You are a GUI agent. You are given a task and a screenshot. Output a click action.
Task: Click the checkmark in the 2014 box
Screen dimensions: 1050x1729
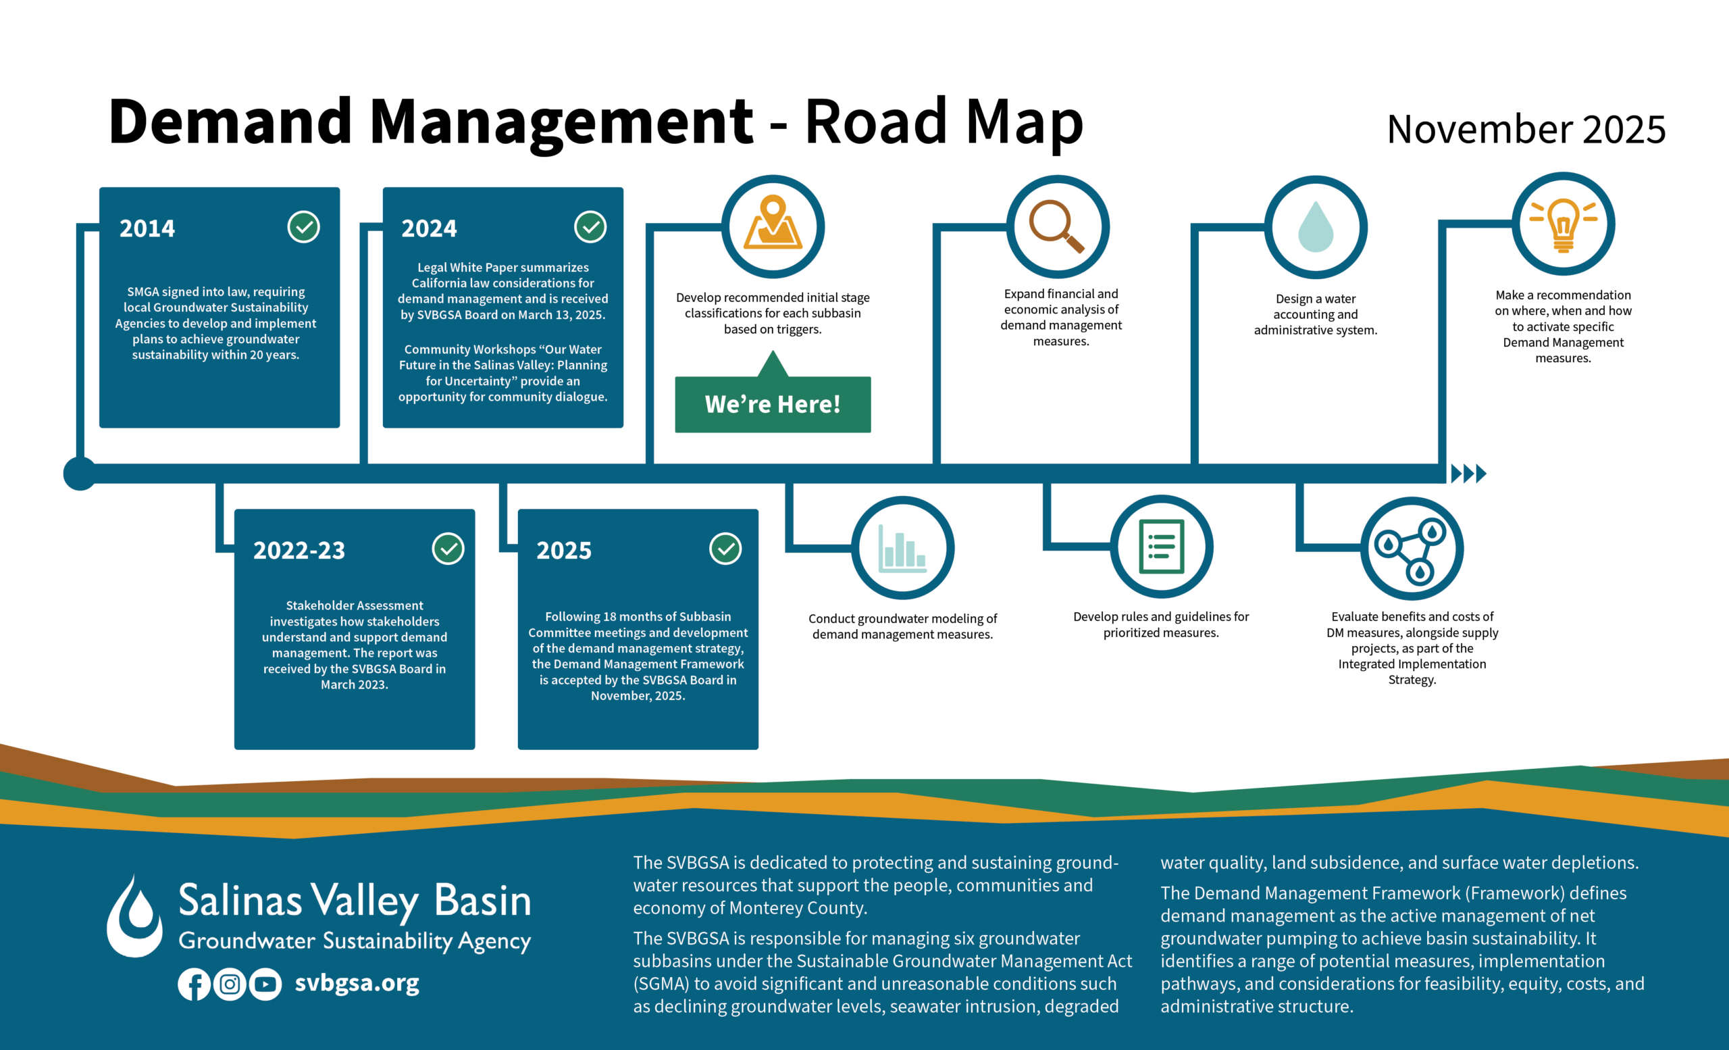pyautogui.click(x=303, y=227)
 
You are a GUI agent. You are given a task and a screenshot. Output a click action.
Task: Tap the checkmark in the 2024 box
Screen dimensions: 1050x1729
pyautogui.click(x=590, y=227)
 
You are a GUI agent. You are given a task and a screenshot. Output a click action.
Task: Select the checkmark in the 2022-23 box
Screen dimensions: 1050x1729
pyautogui.click(x=448, y=548)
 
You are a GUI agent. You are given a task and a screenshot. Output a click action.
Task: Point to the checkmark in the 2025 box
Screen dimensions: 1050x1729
pyautogui.click(x=725, y=548)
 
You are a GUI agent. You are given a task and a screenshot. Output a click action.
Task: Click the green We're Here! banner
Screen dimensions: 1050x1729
pyautogui.click(x=773, y=404)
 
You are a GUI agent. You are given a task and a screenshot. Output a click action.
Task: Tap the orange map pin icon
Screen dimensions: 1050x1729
pyautogui.click(x=773, y=222)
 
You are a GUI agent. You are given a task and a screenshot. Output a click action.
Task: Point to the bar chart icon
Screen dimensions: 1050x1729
pyautogui.click(x=902, y=548)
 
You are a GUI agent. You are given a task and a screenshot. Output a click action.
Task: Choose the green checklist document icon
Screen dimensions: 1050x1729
pyautogui.click(x=1160, y=546)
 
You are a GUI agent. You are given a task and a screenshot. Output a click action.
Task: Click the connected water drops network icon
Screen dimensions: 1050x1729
pyautogui.click(x=1411, y=548)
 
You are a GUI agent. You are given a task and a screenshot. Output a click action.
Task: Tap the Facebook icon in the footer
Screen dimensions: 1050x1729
pyautogui.click(x=194, y=984)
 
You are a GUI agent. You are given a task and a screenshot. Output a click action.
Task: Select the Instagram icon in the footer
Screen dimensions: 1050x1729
pyautogui.click(x=230, y=984)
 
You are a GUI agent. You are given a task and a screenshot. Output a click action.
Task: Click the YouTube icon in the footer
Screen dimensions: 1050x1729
pyautogui.click(x=265, y=984)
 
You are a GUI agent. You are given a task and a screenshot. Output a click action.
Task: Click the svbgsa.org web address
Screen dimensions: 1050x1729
pyautogui.click(x=357, y=983)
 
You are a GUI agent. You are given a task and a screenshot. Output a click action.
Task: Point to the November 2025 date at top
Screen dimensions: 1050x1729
pyautogui.click(x=1526, y=129)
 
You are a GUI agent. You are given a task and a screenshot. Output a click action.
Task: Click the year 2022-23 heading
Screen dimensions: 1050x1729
pyautogui.click(x=299, y=550)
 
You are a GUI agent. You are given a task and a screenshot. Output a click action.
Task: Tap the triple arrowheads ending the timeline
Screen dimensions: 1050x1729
pyautogui.click(x=1468, y=474)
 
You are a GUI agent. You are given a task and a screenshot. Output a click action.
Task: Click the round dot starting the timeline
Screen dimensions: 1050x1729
pyautogui.click(x=80, y=474)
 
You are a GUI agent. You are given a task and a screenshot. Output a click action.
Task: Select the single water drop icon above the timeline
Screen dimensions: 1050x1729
pyautogui.click(x=1315, y=227)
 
